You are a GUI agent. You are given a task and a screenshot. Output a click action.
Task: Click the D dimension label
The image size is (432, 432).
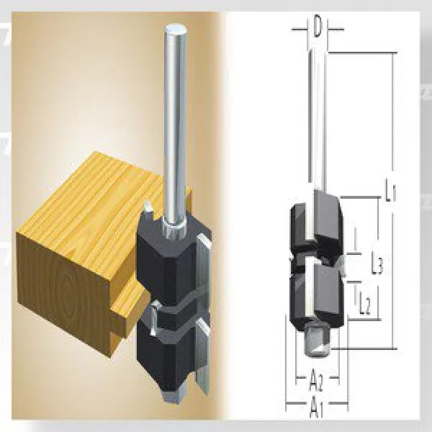tap(318, 29)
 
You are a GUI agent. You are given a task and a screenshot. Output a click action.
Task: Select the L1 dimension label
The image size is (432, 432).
tap(390, 192)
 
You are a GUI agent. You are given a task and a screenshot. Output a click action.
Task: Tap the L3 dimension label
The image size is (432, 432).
tap(376, 266)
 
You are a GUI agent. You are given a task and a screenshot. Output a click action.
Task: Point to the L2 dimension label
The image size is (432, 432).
tap(364, 307)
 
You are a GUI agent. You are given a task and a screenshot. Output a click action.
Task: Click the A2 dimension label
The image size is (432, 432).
tap(315, 377)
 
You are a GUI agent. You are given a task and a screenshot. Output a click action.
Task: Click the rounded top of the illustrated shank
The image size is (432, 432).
tap(176, 30)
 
